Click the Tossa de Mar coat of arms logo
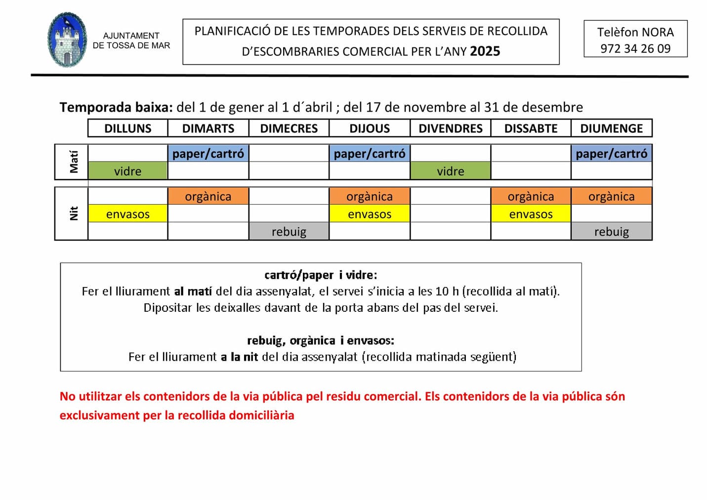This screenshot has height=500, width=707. (x=68, y=41)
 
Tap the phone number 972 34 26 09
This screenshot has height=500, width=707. (x=635, y=48)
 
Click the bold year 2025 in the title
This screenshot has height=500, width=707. (x=485, y=51)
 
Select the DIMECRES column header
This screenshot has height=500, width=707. (x=289, y=128)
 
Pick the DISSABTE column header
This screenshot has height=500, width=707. (x=531, y=128)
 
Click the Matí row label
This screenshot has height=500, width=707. (x=73, y=162)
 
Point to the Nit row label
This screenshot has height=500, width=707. (x=73, y=213)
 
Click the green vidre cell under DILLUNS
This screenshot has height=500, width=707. (x=127, y=171)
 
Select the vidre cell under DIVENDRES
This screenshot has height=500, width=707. (x=450, y=171)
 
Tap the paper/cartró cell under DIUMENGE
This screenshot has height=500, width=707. (x=611, y=154)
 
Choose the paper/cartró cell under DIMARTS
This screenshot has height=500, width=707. (x=208, y=154)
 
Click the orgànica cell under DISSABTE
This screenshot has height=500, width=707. (x=531, y=196)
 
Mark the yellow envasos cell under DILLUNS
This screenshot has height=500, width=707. (x=127, y=214)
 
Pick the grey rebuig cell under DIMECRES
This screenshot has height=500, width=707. (x=289, y=231)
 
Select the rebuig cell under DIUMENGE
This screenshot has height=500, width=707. (x=611, y=231)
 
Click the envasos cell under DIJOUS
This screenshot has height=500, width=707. (x=370, y=214)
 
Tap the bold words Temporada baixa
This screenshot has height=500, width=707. (x=116, y=107)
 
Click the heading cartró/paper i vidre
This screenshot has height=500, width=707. (x=321, y=275)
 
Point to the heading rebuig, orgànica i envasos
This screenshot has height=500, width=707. (x=321, y=340)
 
